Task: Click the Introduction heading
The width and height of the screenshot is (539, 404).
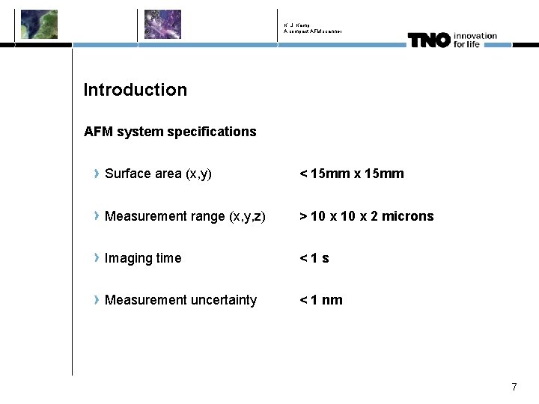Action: pos(135,90)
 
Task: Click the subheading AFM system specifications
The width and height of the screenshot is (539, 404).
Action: pos(170,132)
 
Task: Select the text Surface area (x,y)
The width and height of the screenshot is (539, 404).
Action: pos(158,174)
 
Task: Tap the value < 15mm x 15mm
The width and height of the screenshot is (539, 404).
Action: pos(352,174)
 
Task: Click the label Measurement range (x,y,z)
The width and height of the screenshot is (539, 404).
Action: pos(185,216)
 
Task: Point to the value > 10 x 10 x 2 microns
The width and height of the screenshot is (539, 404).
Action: pos(367,216)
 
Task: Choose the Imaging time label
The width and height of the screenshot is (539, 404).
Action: pos(143,258)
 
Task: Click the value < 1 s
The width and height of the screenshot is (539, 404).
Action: pos(314,258)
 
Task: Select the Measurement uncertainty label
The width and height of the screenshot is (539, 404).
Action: pos(180,300)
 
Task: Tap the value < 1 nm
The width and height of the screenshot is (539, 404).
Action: pos(321,300)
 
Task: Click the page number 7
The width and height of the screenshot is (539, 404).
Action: pos(514,387)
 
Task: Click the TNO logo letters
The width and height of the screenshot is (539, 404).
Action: pos(428,40)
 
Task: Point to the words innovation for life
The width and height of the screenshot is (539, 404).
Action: pos(475,40)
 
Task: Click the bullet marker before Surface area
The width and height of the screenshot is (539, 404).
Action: pos(97,174)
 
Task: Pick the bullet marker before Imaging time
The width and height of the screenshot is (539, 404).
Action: pos(97,258)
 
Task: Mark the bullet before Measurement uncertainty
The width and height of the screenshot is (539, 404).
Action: pos(97,300)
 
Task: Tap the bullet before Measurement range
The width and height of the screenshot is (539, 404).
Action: pos(97,216)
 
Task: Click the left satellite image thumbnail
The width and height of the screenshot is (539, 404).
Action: pos(39,24)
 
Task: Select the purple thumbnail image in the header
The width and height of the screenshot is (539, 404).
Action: pos(162,24)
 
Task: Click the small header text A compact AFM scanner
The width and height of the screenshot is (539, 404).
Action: pos(313,31)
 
